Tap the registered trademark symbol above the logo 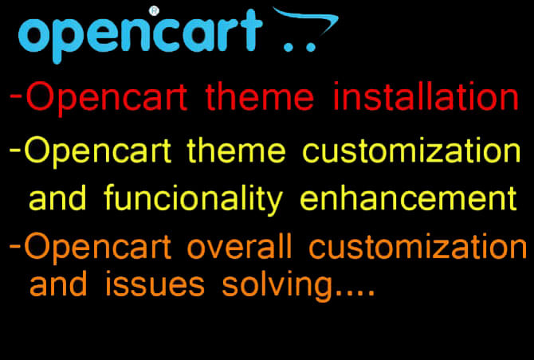(154, 10)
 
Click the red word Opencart (108, 99)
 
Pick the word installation (426, 99)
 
